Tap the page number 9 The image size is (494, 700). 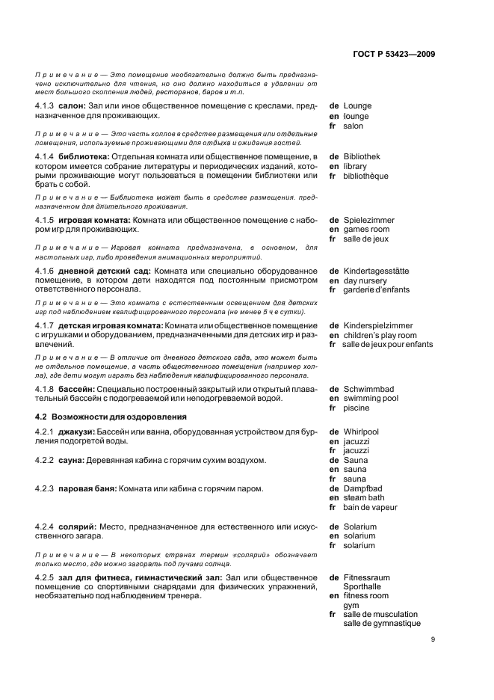433,639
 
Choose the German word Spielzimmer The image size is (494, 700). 368,220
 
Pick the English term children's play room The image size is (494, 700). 380,336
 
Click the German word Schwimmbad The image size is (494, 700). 368,389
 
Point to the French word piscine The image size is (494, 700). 356,408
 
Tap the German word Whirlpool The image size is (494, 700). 361,432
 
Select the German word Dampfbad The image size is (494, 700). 365,488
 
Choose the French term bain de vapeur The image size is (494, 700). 370,507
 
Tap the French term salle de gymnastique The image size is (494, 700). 381,624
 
